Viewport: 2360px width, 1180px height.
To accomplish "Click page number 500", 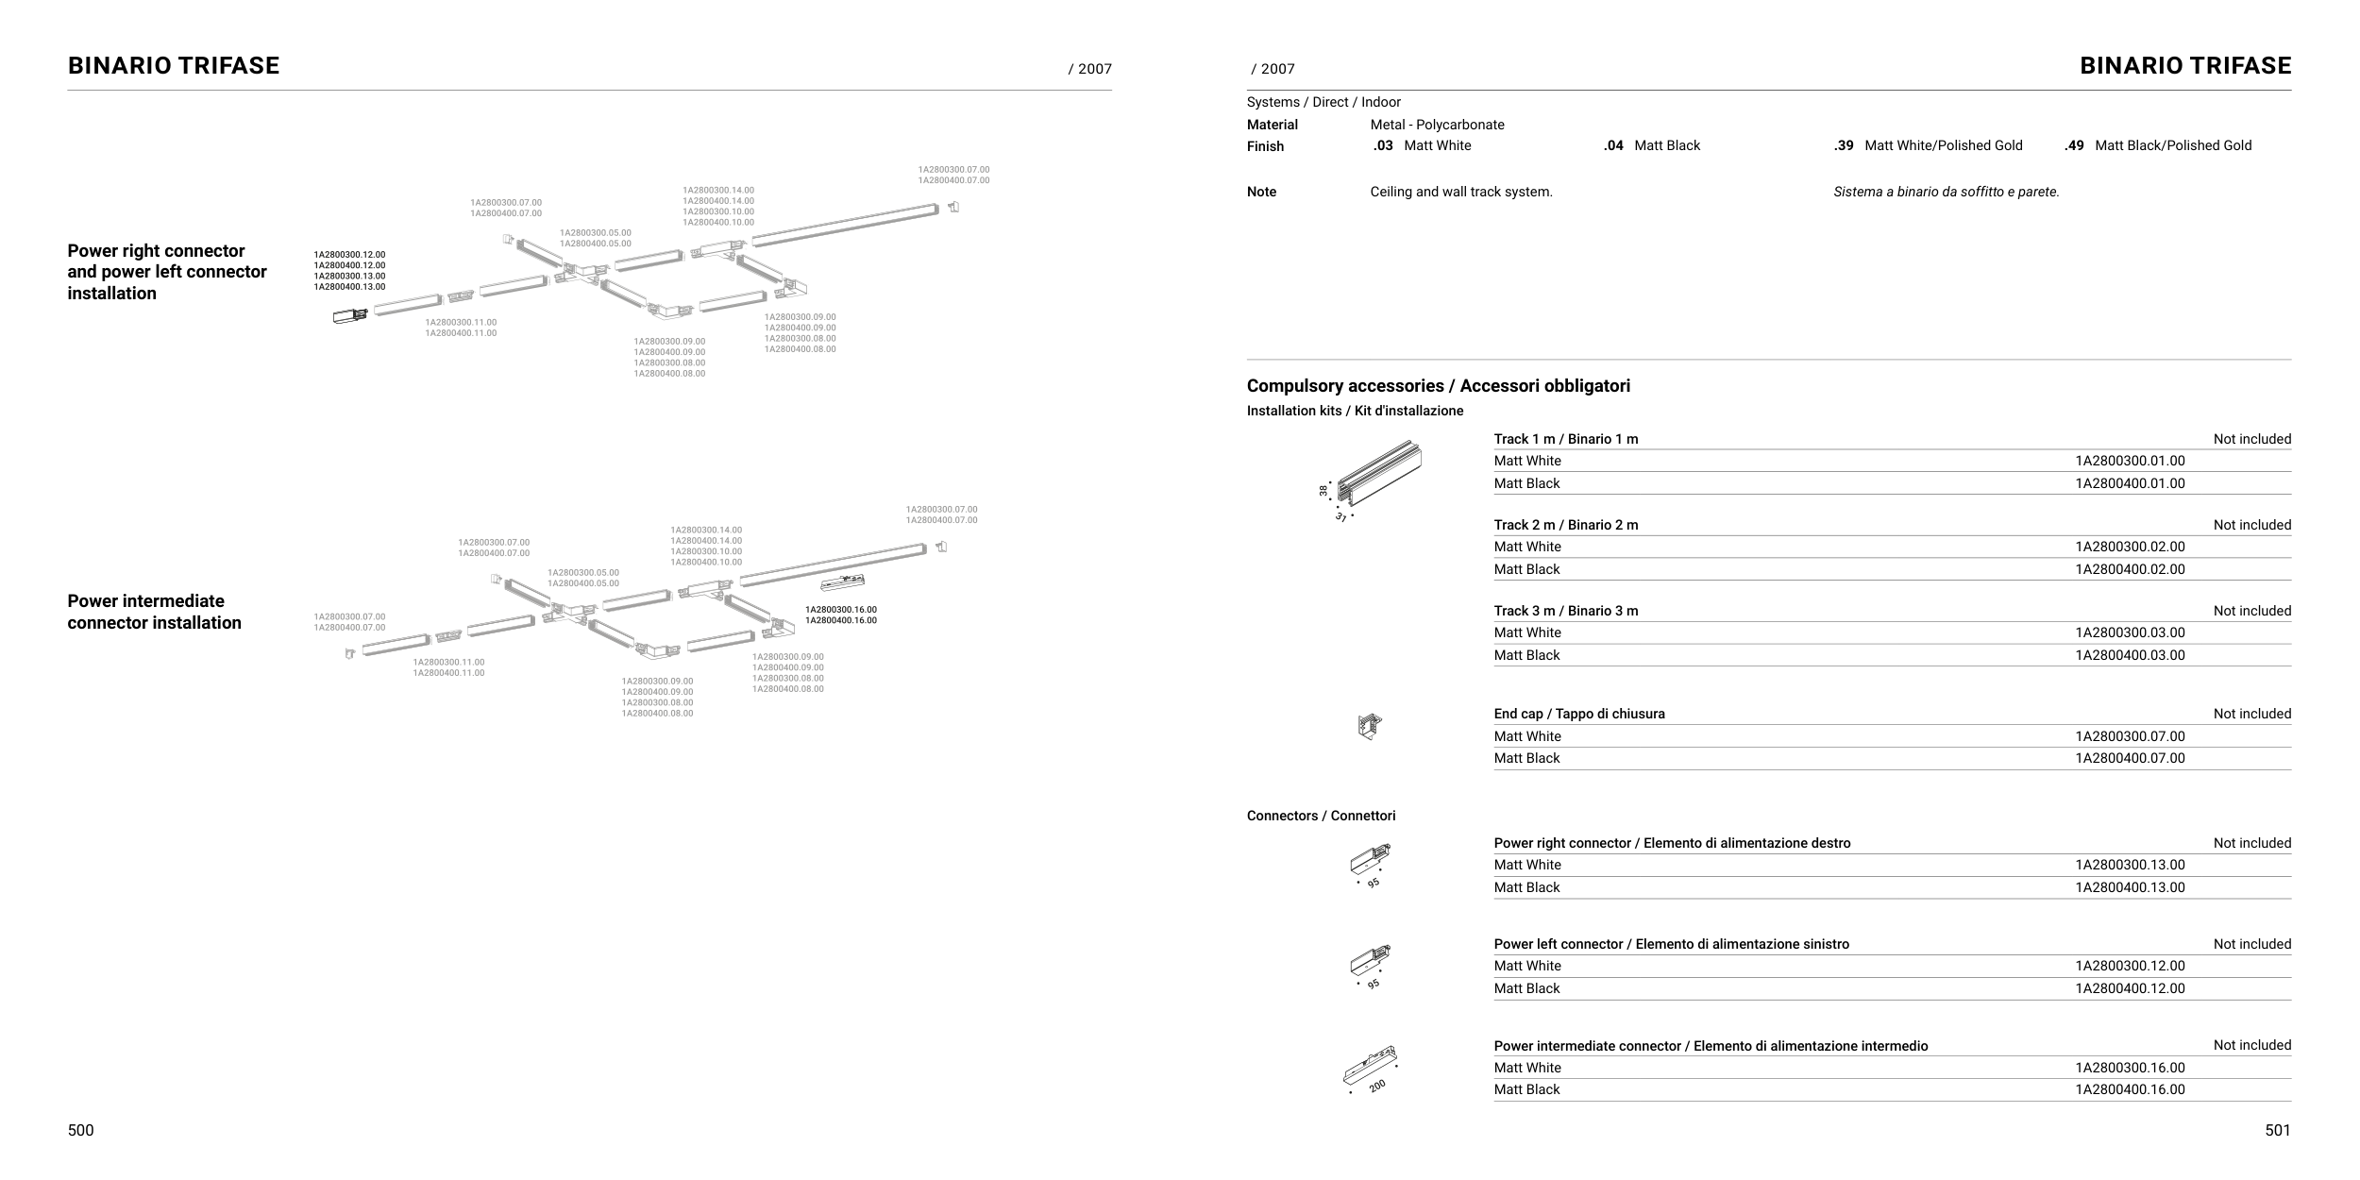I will pos(80,1130).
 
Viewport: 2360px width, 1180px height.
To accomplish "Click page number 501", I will pos(2277,1130).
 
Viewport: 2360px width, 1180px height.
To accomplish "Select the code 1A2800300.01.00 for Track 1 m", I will pos(2130,461).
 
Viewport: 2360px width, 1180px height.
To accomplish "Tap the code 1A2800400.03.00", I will pos(2130,655).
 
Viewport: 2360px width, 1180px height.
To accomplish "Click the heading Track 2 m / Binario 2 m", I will pos(1565,525).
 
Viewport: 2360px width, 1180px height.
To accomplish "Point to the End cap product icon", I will pos(1369,727).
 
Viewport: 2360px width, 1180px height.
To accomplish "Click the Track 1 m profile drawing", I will pos(1381,474).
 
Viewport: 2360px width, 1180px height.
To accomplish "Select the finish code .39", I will pos(1844,145).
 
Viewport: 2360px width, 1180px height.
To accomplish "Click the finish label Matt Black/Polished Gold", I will pos(2172,145).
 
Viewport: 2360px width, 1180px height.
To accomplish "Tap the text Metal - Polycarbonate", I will pos(1437,125).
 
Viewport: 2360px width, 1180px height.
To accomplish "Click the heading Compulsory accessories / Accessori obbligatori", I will pos(1438,386).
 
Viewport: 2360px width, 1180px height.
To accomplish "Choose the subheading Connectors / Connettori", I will pos(1321,816).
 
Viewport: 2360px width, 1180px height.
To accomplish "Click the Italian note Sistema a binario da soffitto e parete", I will pos(1946,192).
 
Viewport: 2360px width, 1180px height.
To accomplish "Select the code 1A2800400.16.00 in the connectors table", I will pos(2130,1089).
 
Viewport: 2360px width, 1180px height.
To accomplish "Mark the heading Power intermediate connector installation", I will pos(154,612).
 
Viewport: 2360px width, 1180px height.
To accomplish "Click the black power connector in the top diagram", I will pos(347,316).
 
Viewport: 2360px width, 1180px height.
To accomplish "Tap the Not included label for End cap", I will pos(2251,714).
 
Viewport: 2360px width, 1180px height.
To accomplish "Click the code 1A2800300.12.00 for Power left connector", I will pos(2130,966).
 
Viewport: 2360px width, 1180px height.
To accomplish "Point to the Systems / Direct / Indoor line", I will pos(1323,102).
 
